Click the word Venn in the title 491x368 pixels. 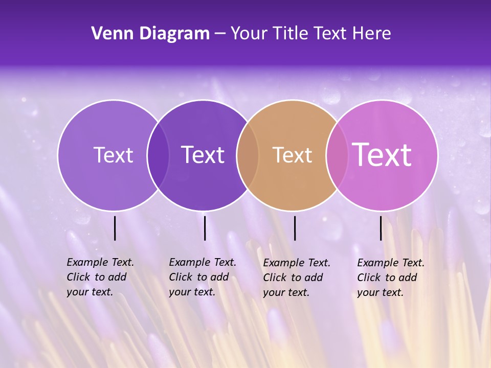click(111, 34)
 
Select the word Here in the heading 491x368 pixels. click(372, 34)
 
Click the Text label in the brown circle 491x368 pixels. click(292, 155)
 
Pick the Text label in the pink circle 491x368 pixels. click(382, 154)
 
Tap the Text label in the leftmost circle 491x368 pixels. click(113, 155)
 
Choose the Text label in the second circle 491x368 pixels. click(203, 155)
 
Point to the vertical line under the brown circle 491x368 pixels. click(295, 228)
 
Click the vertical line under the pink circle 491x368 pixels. click(381, 228)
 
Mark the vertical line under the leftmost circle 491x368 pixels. click(115, 228)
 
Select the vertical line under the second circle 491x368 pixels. click(205, 228)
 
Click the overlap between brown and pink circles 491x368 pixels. click(337, 155)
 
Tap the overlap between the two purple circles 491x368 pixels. click(158, 155)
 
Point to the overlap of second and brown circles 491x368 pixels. click(248, 155)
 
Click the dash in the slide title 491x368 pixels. click(220, 34)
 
